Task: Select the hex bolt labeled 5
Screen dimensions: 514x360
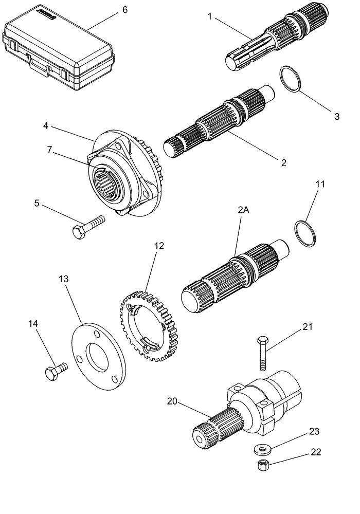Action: point(87,227)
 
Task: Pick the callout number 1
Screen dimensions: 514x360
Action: point(210,16)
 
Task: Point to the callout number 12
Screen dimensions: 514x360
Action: point(159,246)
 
